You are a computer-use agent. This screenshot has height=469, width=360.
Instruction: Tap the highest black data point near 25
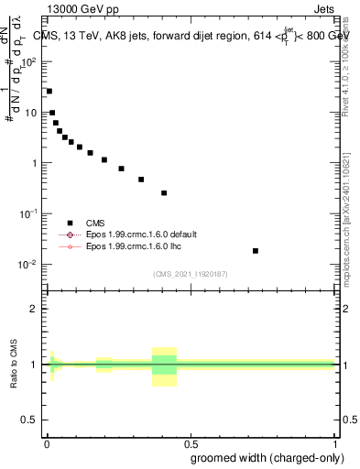coord(49,92)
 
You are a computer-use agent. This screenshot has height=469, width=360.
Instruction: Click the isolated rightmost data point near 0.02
coord(255,251)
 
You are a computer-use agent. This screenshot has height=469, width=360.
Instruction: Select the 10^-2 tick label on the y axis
coord(29,264)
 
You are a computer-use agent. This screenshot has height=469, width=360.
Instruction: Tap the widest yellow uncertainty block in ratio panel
coord(164,366)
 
